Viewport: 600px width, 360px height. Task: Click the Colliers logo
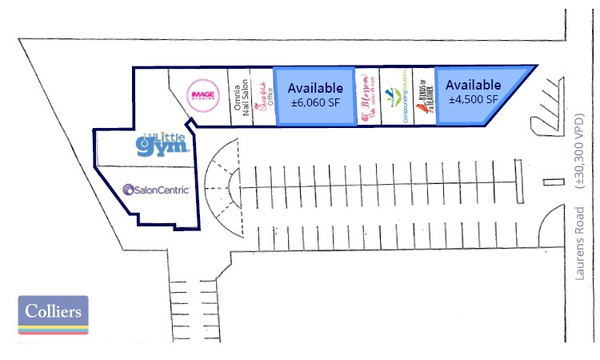point(53,314)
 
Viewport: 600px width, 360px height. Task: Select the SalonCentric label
point(156,190)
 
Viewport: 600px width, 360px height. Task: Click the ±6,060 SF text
point(314,102)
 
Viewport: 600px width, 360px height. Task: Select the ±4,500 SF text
point(472,98)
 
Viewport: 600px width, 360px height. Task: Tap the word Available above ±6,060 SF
point(314,87)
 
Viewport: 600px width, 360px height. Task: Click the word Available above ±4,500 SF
point(473,84)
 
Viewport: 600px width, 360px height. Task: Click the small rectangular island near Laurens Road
point(548,184)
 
